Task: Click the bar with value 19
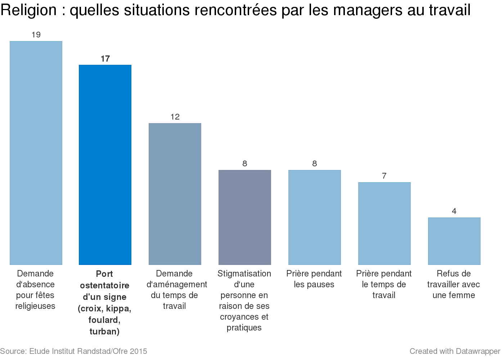pyautogui.click(x=36, y=153)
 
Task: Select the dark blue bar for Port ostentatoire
pyautogui.click(x=105, y=165)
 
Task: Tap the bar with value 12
pyautogui.click(x=175, y=194)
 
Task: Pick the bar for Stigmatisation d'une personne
pyautogui.click(x=245, y=217)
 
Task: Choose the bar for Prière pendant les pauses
pyautogui.click(x=315, y=217)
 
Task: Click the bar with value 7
pyautogui.click(x=384, y=224)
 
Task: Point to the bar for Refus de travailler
pyautogui.click(x=454, y=241)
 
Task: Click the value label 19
pyautogui.click(x=36, y=35)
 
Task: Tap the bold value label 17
pyautogui.click(x=105, y=59)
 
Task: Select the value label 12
pyautogui.click(x=175, y=117)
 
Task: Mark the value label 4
pyautogui.click(x=454, y=211)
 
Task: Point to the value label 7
pyautogui.click(x=384, y=176)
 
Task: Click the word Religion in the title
pyautogui.click(x=29, y=10)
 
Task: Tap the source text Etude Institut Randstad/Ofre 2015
pyautogui.click(x=88, y=351)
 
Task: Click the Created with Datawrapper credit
pyautogui.click(x=455, y=351)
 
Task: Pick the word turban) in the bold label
pyautogui.click(x=104, y=332)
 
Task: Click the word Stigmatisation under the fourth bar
pyautogui.click(x=244, y=274)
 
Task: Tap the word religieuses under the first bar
pyautogui.click(x=35, y=306)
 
